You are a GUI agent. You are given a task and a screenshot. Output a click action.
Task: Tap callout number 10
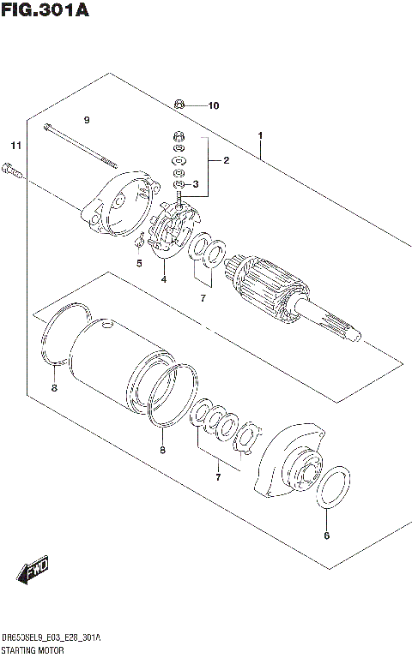pyautogui.click(x=213, y=106)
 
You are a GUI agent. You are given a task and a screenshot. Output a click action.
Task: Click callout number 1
pyautogui.click(x=259, y=135)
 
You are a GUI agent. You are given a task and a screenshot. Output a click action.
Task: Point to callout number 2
pyautogui.click(x=226, y=160)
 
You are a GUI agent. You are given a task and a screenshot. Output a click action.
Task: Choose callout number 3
pyautogui.click(x=196, y=184)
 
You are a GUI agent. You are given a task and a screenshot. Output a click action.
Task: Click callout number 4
pyautogui.click(x=163, y=279)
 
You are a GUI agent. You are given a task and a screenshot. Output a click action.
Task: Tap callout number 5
pyautogui.click(x=138, y=264)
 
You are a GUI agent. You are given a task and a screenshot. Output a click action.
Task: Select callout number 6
pyautogui.click(x=326, y=537)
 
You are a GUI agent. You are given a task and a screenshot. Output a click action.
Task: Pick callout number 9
pyautogui.click(x=87, y=119)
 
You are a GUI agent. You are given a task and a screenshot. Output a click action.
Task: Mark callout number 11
pyautogui.click(x=15, y=144)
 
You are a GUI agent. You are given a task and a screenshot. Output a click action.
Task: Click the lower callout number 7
pyautogui.click(x=218, y=476)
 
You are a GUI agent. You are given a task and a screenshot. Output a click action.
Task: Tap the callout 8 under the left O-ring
pyautogui.click(x=53, y=388)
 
